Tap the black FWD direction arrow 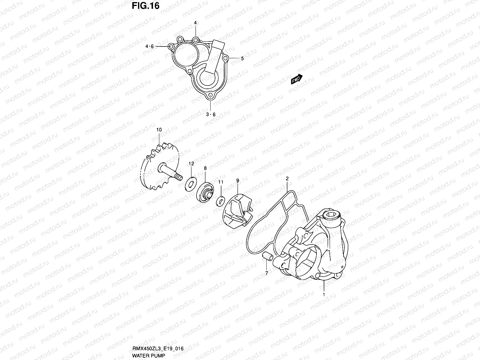(x=296, y=79)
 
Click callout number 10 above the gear (x=159, y=130)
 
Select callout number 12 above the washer (x=191, y=163)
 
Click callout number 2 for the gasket (x=287, y=178)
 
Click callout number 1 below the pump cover (x=324, y=295)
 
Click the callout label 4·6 (x=149, y=46)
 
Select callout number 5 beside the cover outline (x=242, y=58)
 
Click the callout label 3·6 (x=211, y=114)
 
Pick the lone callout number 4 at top (x=195, y=23)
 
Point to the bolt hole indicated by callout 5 (x=226, y=57)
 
